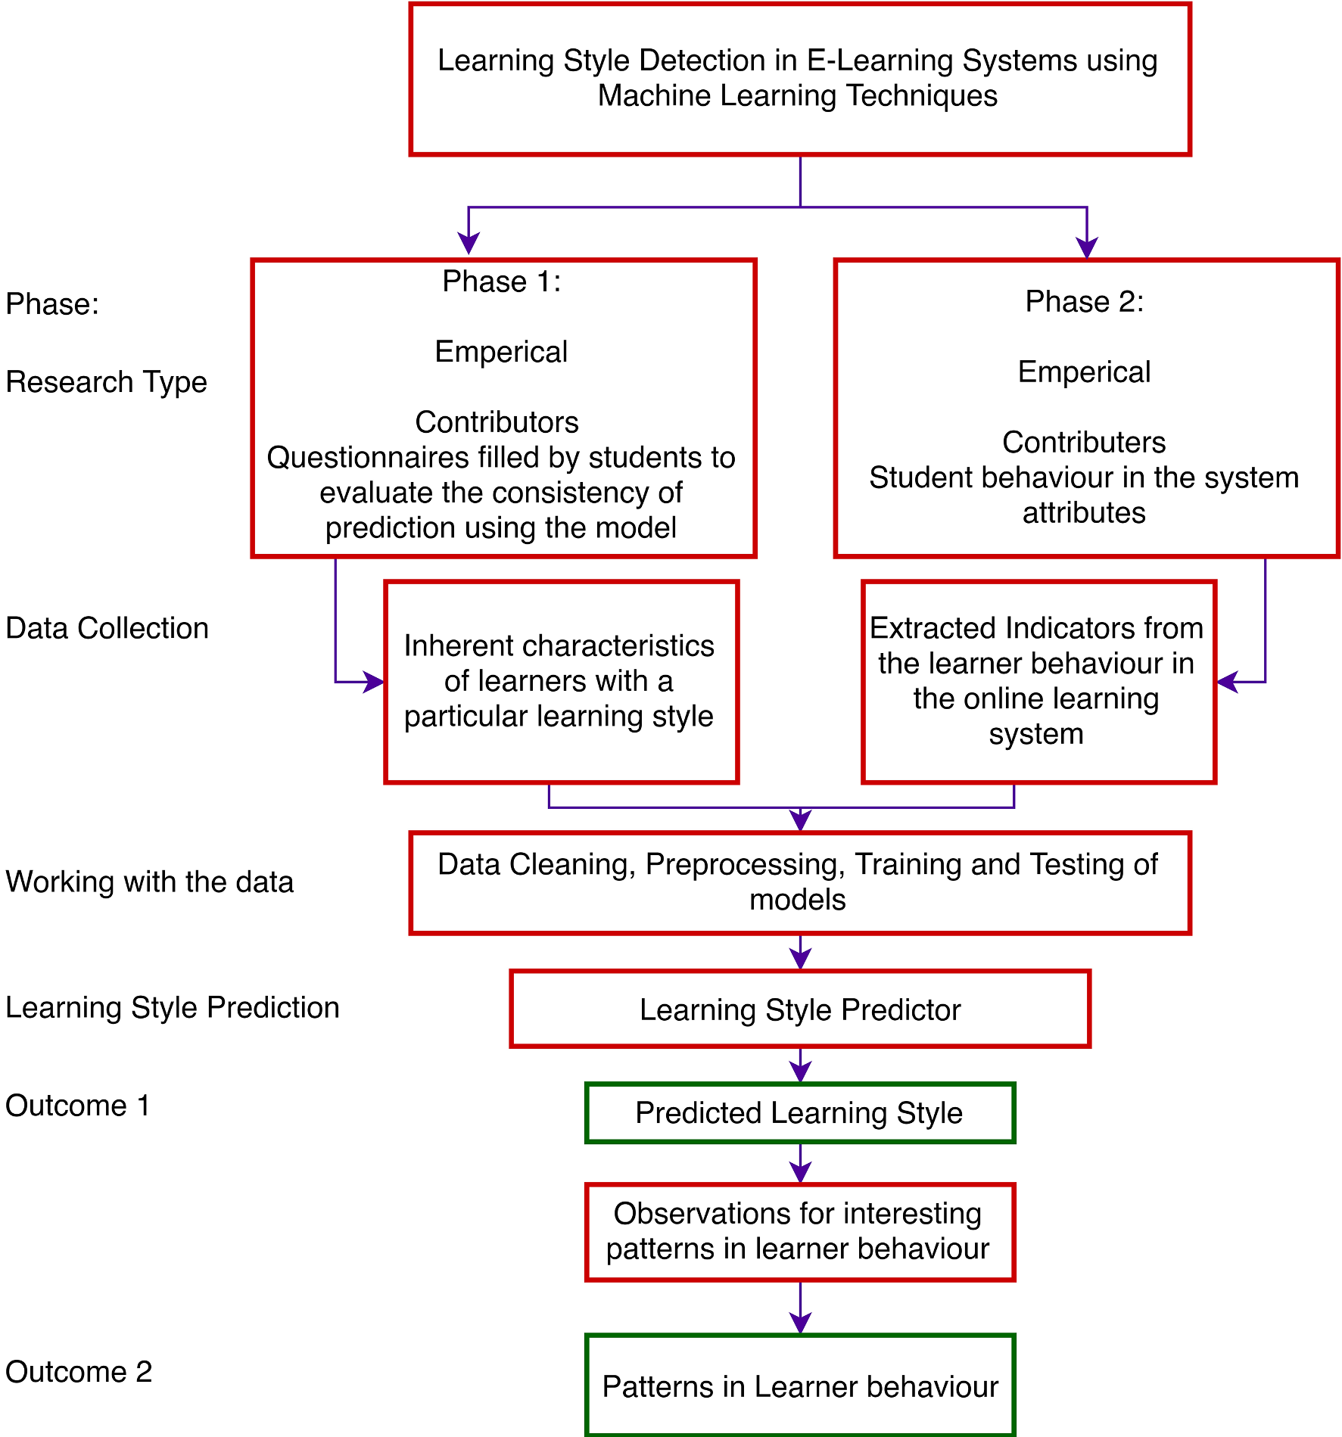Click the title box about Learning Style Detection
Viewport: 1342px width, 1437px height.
click(x=799, y=79)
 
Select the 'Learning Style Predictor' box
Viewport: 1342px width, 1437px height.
click(x=799, y=1009)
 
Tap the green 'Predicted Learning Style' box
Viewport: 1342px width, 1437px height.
click(x=799, y=1113)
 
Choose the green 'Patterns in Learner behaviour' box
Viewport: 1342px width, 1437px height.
click(x=799, y=1386)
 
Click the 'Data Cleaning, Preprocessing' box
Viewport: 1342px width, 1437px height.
click(x=799, y=883)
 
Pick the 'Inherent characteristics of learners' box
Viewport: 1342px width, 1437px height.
click(x=560, y=682)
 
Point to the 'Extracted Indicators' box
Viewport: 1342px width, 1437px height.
click(x=1038, y=682)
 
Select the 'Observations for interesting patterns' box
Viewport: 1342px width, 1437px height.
click(x=799, y=1232)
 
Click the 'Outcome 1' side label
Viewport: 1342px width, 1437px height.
click(x=78, y=1106)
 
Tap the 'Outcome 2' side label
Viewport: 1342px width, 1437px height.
click(x=79, y=1372)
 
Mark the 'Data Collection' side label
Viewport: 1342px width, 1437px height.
click(x=107, y=628)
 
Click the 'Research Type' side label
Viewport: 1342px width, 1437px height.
click(x=106, y=382)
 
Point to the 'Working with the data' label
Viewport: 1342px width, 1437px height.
click(x=149, y=882)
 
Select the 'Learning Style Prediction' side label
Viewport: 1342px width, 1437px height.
click(x=173, y=1008)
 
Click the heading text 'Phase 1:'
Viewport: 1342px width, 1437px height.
click(x=502, y=281)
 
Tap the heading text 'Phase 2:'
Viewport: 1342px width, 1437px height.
click(x=1084, y=302)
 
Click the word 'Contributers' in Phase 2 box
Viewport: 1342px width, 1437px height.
click(x=1084, y=443)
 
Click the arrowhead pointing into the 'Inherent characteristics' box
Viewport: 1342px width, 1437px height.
click(x=375, y=682)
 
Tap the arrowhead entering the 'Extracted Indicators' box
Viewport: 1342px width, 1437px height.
click(x=1227, y=682)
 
